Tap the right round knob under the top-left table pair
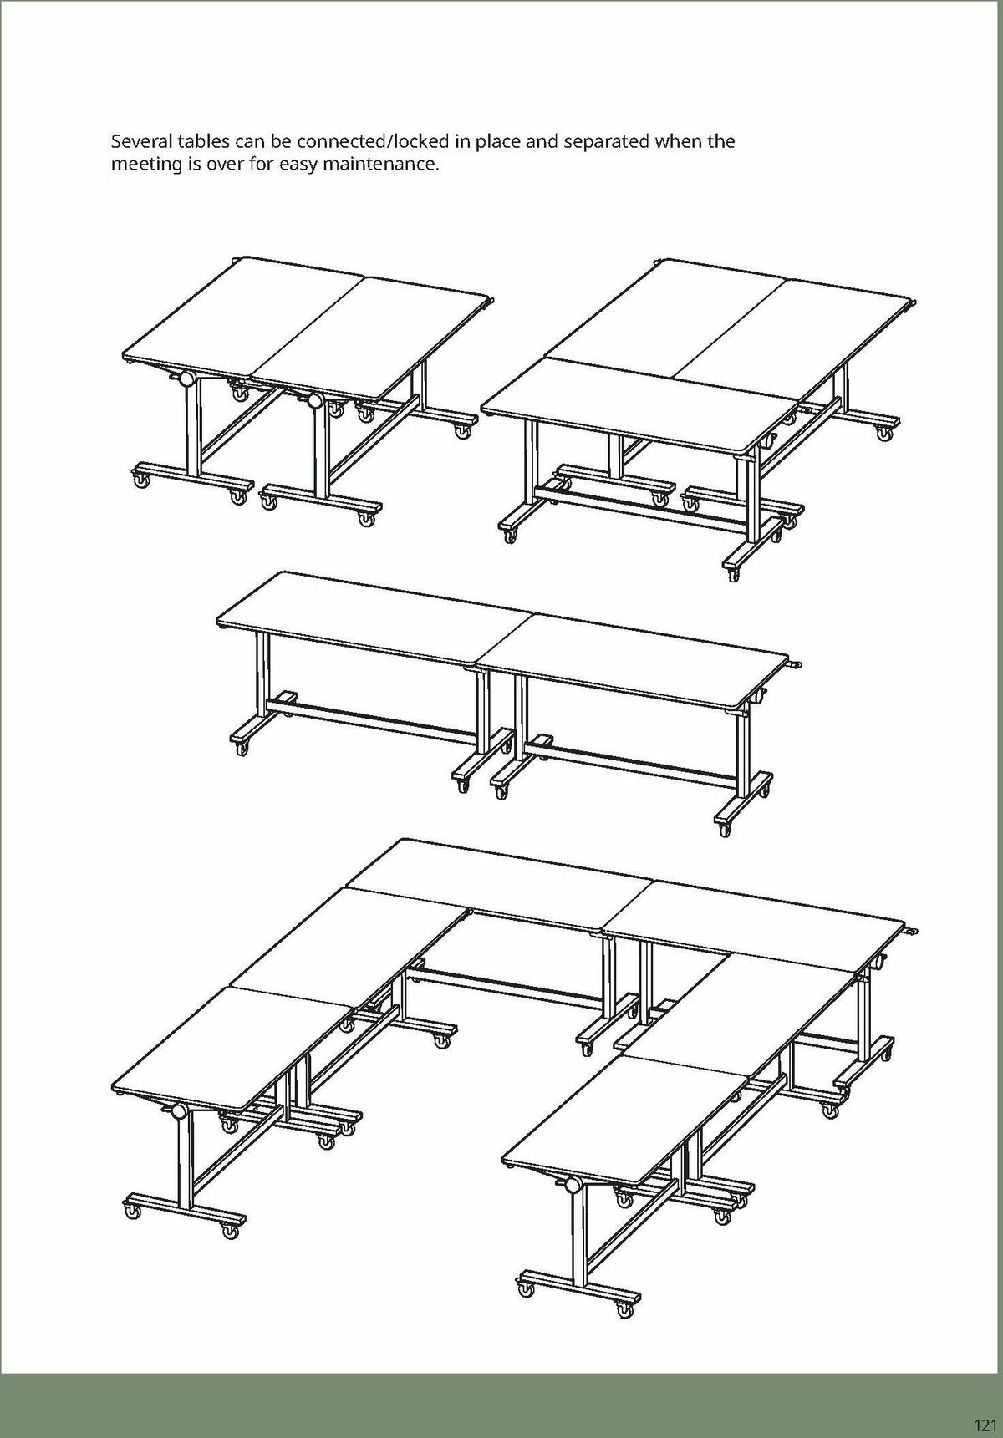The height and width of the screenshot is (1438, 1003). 315,400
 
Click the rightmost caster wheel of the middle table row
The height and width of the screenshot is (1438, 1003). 724,831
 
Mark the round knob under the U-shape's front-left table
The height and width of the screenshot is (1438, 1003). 176,1111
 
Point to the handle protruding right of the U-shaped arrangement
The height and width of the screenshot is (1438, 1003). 913,930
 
